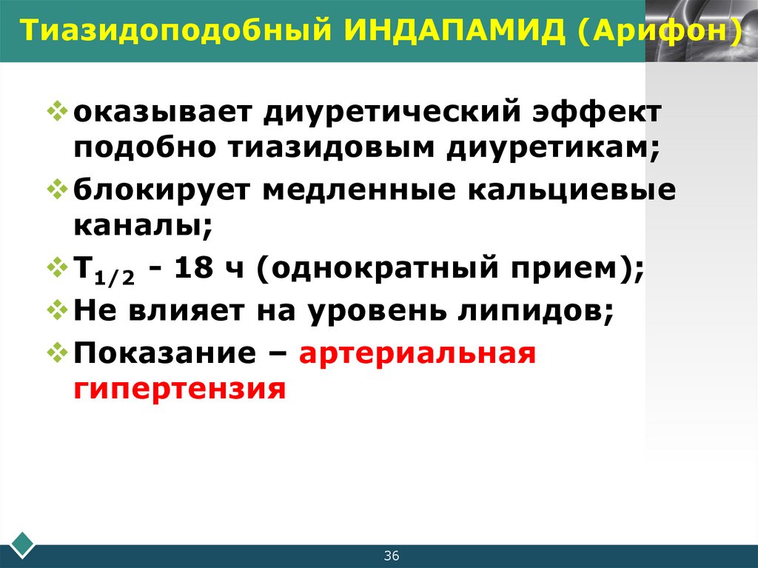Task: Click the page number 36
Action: pos(392,556)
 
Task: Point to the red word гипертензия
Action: pos(179,388)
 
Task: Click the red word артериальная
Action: pos(417,354)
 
